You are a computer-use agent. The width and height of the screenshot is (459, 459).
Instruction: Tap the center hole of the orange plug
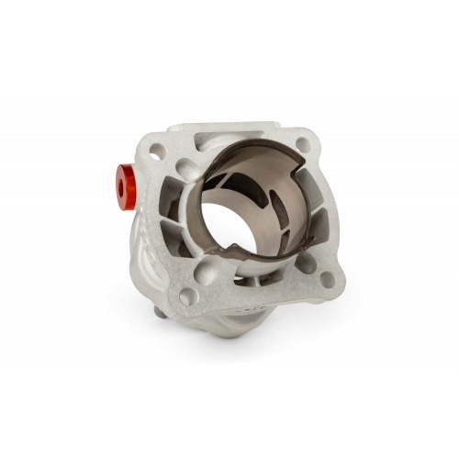coord(119,186)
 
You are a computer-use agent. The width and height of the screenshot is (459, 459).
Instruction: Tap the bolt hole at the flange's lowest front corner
coord(187,297)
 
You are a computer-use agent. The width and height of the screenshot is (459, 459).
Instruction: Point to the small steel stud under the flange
coord(162,311)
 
